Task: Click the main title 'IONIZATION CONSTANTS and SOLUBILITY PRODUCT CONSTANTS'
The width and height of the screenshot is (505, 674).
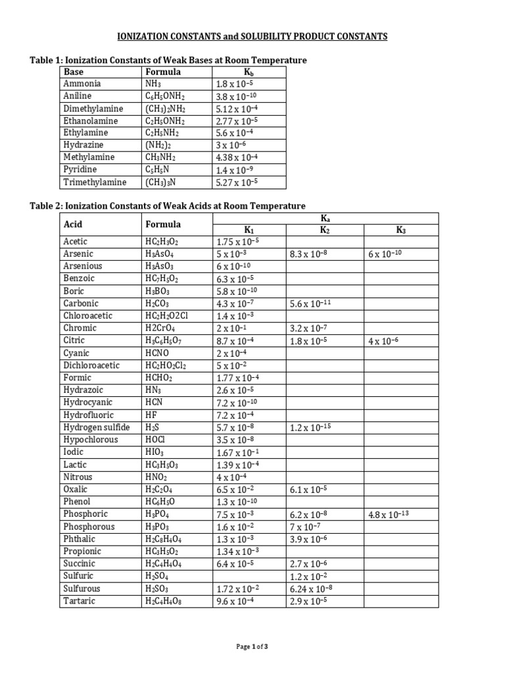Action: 252,36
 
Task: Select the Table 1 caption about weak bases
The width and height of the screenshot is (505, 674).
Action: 168,61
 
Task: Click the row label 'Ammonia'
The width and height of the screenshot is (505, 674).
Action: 82,84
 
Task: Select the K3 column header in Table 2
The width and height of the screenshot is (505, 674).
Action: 401,230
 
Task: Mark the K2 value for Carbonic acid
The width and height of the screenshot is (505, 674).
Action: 312,304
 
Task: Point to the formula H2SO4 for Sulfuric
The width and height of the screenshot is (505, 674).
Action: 158,576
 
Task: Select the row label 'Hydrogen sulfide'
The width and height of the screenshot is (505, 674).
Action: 96,428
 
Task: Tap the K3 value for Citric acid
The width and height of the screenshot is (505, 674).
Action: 383,341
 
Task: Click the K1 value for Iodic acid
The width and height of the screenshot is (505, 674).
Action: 237,453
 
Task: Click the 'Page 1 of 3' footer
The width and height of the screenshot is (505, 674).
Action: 252,647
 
